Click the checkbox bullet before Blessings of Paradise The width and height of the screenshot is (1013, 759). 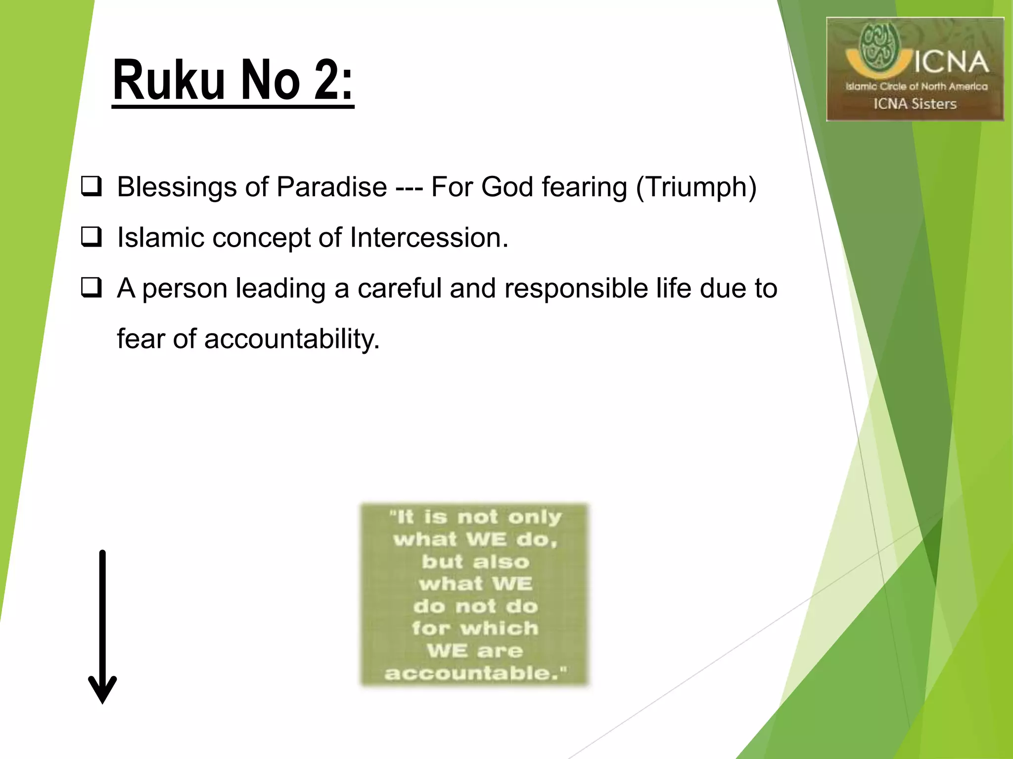92,187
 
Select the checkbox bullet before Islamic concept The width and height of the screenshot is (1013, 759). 92,237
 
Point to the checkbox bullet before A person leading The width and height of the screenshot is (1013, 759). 92,288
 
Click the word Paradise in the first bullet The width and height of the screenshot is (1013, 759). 331,187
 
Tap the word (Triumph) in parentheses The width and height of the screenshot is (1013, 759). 696,187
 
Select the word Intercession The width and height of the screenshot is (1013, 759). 429,238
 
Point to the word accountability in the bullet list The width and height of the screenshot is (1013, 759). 292,339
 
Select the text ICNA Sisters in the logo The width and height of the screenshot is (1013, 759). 915,104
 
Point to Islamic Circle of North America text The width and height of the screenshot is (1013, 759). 916,86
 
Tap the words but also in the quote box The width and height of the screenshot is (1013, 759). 475,562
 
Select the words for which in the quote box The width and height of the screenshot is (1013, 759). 475,629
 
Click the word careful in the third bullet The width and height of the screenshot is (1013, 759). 399,288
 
